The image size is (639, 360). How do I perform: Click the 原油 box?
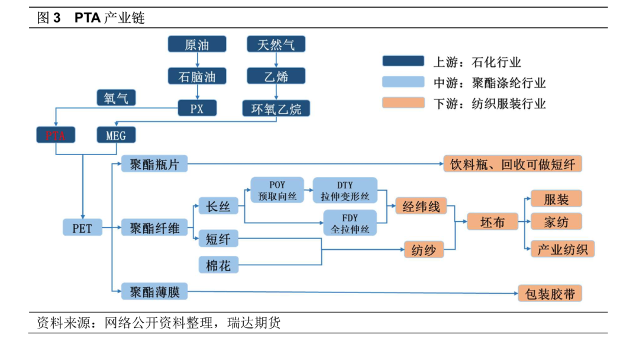point(197,44)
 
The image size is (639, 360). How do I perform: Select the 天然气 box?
point(276,44)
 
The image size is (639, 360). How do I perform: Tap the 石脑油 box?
point(197,76)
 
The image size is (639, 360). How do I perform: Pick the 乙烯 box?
point(276,76)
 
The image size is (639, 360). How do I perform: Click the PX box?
point(197,108)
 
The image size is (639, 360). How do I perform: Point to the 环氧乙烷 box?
point(276,108)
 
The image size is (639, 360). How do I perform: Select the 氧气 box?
point(116,98)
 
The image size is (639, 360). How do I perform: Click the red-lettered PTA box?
point(56,135)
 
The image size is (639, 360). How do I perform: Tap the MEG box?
point(116,135)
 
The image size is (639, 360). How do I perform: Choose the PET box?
point(82,227)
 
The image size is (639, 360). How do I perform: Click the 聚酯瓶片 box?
point(154,164)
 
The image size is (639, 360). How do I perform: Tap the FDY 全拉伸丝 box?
point(349,223)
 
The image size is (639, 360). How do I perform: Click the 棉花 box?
point(218,265)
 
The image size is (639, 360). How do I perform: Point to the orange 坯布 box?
point(492,222)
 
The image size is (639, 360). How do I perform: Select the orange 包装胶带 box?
point(550,293)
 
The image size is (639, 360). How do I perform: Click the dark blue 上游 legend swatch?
point(403,61)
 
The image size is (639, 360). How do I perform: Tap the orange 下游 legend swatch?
point(403,103)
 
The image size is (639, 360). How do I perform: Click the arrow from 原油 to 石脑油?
point(197,60)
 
